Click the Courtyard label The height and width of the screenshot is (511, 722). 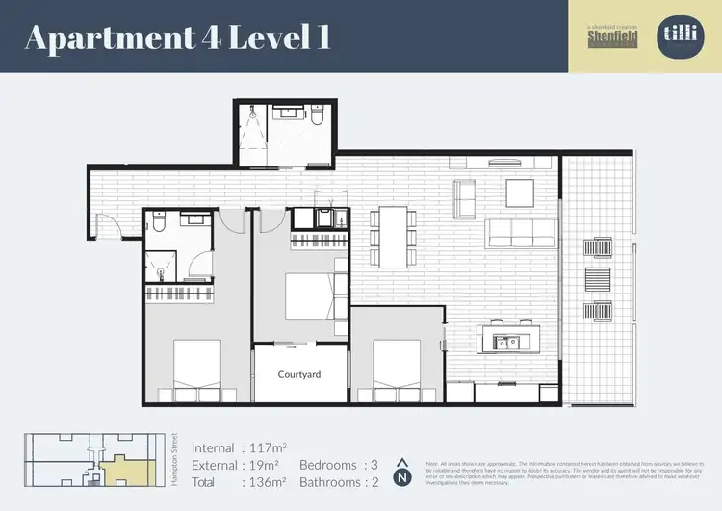pyautogui.click(x=298, y=373)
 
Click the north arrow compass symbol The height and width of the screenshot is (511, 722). pyautogui.click(x=403, y=471)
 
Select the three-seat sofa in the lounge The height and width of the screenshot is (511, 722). pyautogui.click(x=521, y=232)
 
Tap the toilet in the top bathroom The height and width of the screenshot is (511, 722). pyautogui.click(x=316, y=116)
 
